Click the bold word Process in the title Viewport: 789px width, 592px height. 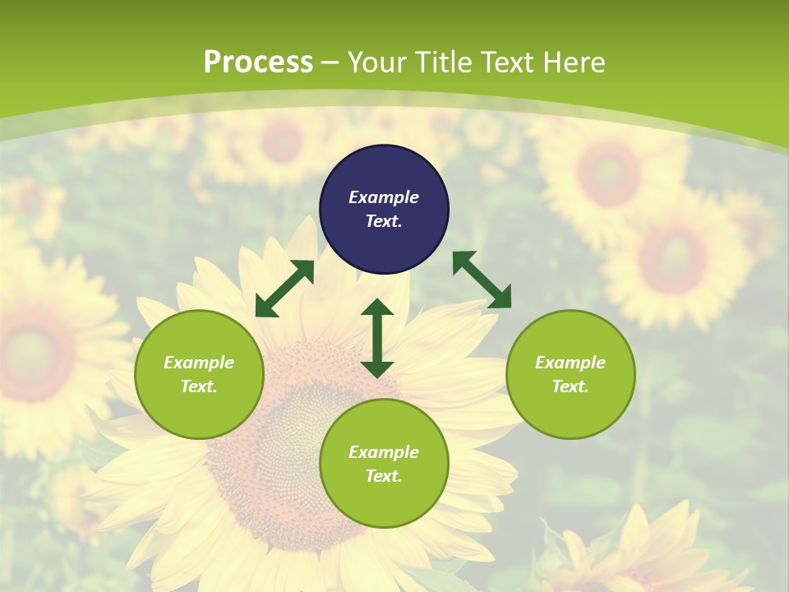point(258,62)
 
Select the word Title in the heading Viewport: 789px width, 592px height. point(447,62)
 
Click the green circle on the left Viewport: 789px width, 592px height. point(199,374)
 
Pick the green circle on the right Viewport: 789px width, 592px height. point(570,374)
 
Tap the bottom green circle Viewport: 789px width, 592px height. point(384,464)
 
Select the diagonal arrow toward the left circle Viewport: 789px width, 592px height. point(284,289)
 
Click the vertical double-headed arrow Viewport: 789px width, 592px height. point(377,339)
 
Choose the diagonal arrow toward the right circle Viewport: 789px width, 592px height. point(482,280)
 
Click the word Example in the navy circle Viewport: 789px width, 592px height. point(384,197)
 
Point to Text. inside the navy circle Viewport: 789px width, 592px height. point(384,221)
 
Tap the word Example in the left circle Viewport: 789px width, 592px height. point(199,363)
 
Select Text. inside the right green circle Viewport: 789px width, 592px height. point(570,386)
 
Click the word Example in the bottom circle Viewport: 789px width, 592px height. point(384,452)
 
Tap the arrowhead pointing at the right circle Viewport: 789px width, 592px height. point(500,297)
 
